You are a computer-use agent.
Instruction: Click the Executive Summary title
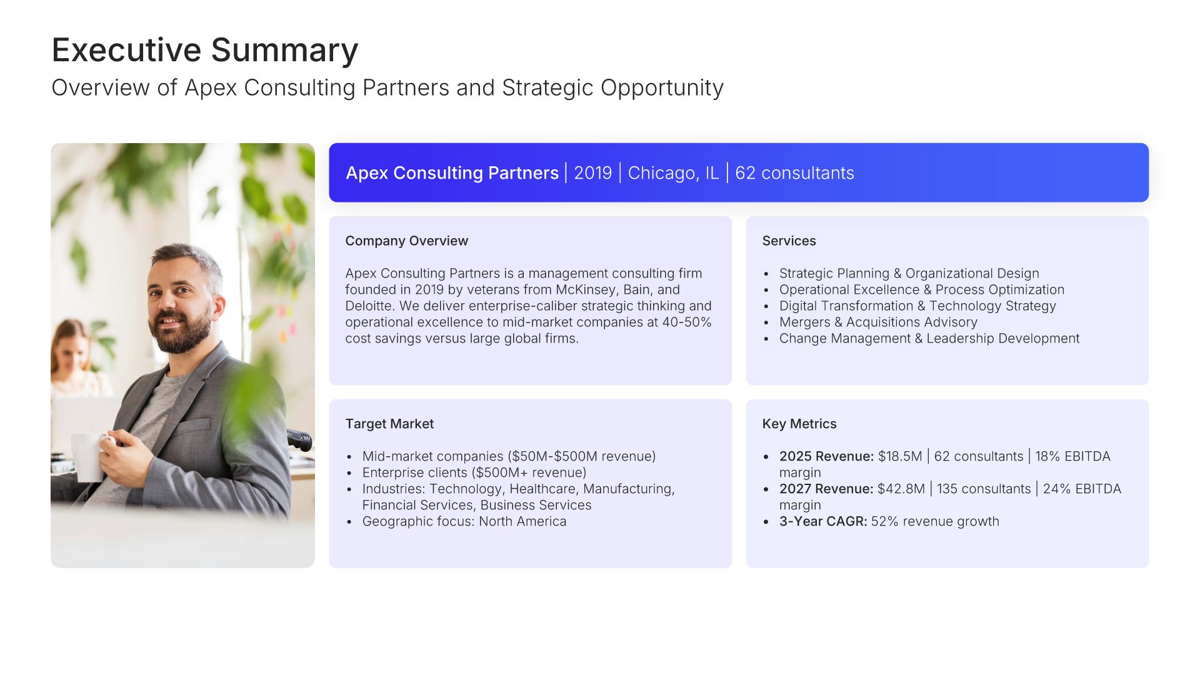[205, 51]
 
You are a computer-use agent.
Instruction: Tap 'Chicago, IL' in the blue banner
[673, 173]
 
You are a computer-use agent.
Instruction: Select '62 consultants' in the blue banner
[794, 173]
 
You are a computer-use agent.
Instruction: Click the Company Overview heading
[406, 241]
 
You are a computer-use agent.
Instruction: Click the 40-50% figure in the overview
[687, 322]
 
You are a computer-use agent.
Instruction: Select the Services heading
[789, 241]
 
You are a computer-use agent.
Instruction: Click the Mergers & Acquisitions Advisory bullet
[878, 322]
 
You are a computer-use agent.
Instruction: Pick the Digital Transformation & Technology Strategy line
[917, 306]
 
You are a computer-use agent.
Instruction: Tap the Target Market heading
[389, 424]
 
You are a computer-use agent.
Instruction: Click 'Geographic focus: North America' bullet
[464, 521]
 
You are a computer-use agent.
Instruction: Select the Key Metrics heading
[799, 424]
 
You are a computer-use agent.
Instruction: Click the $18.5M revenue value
[900, 456]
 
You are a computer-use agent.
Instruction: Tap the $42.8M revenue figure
[901, 489]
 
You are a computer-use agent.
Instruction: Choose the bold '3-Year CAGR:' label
[823, 521]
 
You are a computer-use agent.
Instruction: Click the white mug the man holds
[89, 456]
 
